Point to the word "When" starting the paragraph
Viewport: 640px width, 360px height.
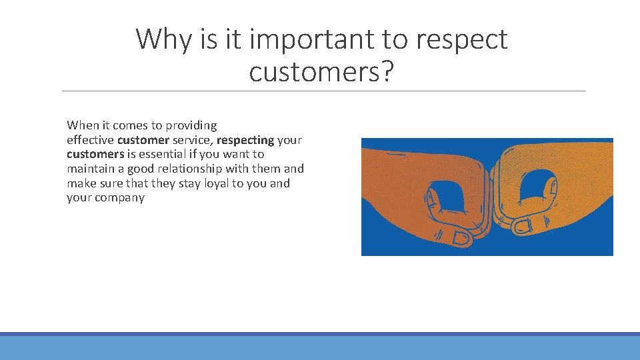coord(82,125)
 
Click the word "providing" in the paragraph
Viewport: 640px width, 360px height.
coord(191,125)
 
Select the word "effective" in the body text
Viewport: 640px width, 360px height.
coord(90,140)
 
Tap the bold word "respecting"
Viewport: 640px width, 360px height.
coord(245,140)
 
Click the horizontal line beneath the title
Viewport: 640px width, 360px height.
coord(323,91)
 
